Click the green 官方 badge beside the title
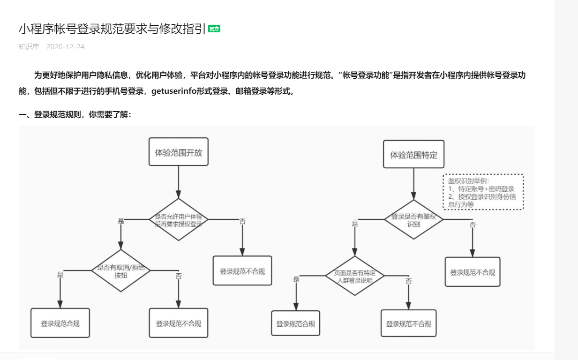pyautogui.click(x=214, y=29)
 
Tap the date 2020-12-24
pyautogui.click(x=65, y=47)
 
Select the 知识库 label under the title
pyautogui.click(x=29, y=47)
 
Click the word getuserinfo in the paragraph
pyautogui.click(x=173, y=91)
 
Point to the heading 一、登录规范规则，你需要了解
pyautogui.click(x=75, y=115)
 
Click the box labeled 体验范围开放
pyautogui.click(x=179, y=152)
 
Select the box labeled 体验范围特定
pyautogui.click(x=413, y=155)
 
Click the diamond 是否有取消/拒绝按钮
pyautogui.click(x=121, y=271)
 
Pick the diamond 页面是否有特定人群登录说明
pyautogui.click(x=355, y=276)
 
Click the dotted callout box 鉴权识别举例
pyautogui.click(x=483, y=192)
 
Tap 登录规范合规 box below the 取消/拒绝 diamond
pyautogui.click(x=60, y=323)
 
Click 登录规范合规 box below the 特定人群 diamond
pyautogui.click(x=295, y=323)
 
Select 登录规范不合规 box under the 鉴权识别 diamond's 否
pyautogui.click(x=472, y=272)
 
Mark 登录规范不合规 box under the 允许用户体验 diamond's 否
pyautogui.click(x=242, y=271)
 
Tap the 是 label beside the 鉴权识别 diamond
pyautogui.click(x=355, y=224)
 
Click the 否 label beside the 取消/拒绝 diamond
pyautogui.click(x=179, y=276)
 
